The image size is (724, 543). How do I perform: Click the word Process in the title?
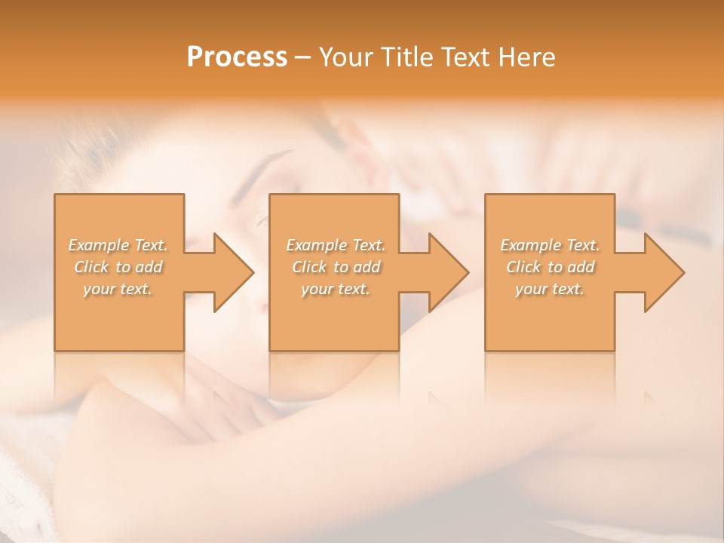tap(237, 57)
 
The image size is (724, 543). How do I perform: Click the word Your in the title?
tap(345, 57)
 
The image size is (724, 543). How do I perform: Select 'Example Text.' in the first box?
tap(118, 245)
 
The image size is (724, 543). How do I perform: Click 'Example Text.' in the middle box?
tap(336, 245)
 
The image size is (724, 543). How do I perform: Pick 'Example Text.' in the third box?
tap(550, 245)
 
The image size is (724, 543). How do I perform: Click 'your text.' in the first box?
tap(118, 289)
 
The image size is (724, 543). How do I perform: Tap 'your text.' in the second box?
tap(336, 289)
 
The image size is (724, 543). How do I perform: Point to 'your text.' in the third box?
tap(550, 289)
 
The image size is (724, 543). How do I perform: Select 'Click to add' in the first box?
tap(118, 267)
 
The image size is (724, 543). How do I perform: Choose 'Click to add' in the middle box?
tap(336, 267)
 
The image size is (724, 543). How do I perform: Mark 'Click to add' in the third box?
tap(550, 267)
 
